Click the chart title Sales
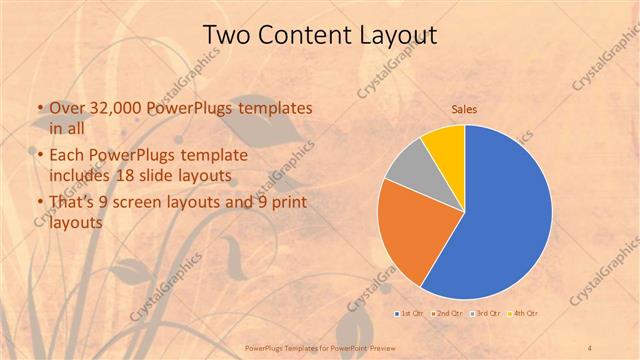[464, 107]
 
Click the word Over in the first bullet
[66, 108]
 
